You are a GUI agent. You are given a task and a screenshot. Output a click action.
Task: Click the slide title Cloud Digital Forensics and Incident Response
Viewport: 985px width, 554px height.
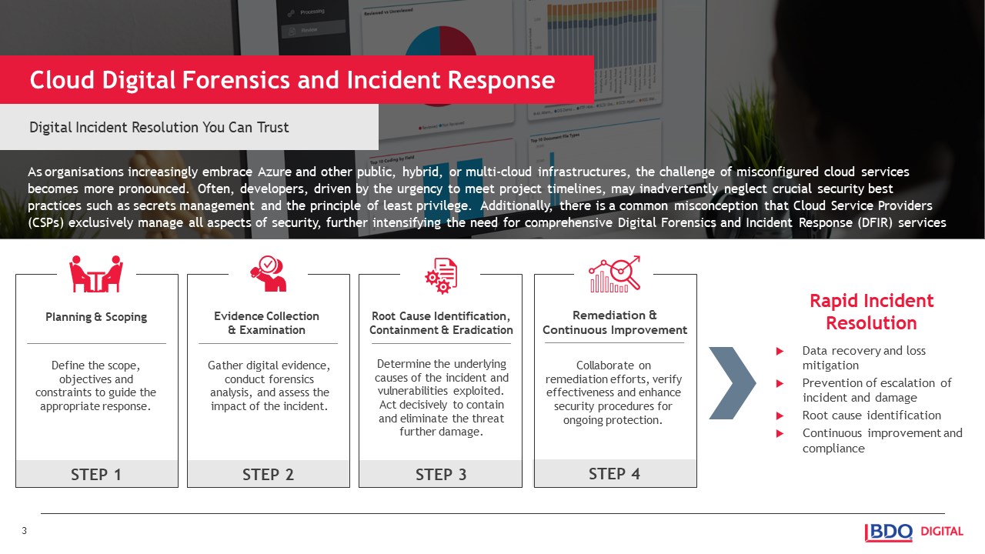pyautogui.click(x=292, y=80)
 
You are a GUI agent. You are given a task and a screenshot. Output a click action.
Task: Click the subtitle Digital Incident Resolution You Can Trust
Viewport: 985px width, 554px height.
pyautogui.click(x=159, y=127)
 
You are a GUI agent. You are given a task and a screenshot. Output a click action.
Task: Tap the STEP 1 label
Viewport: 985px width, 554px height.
pyautogui.click(x=96, y=474)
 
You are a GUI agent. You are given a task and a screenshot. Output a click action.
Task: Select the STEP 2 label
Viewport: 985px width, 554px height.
pyautogui.click(x=268, y=474)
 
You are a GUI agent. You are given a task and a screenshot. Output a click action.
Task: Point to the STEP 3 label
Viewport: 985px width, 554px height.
pyautogui.click(x=441, y=474)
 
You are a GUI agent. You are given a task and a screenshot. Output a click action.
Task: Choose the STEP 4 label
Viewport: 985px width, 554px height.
pyautogui.click(x=614, y=473)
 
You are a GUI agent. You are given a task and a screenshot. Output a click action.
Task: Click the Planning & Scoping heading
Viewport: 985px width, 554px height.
pyautogui.click(x=96, y=317)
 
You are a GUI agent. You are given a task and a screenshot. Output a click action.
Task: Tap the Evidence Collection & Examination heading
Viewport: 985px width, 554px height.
pyautogui.click(x=266, y=323)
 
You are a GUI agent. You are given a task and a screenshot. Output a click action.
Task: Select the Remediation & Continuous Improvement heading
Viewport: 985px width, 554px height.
pyautogui.click(x=614, y=322)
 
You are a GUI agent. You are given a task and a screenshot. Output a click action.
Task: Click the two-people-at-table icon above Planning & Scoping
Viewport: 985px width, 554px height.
pyautogui.click(x=96, y=274)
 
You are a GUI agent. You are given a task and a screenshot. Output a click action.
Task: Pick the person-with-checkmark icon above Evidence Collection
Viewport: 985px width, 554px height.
pyautogui.click(x=268, y=274)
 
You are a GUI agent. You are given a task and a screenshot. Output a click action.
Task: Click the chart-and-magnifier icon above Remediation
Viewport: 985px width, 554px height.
pyautogui.click(x=615, y=274)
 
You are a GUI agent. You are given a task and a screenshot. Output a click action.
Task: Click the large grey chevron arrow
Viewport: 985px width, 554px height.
pyautogui.click(x=731, y=383)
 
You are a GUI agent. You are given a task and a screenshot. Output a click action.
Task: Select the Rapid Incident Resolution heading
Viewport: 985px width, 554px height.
pyautogui.click(x=871, y=312)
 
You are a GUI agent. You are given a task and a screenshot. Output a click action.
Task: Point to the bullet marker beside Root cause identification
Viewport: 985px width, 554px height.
pyautogui.click(x=780, y=416)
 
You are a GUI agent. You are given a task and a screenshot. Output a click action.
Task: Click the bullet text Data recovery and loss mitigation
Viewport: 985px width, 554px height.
pyautogui.click(x=863, y=358)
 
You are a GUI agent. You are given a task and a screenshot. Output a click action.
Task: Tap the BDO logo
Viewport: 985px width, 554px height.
pyautogui.click(x=889, y=532)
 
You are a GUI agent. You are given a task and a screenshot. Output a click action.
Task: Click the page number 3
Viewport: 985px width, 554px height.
pyautogui.click(x=24, y=531)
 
